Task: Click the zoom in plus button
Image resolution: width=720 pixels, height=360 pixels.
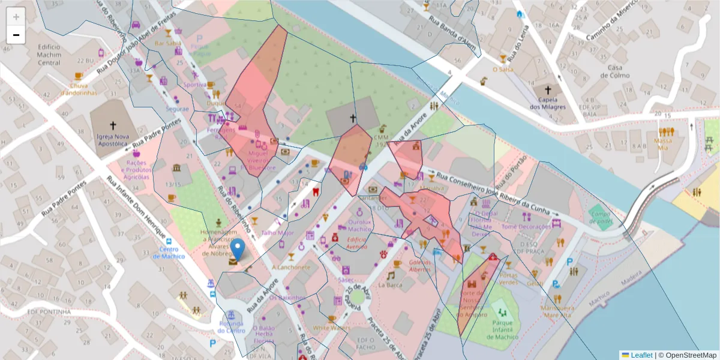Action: click(x=16, y=17)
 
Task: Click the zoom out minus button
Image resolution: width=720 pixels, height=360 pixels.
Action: click(x=16, y=35)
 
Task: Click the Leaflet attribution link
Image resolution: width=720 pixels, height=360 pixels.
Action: click(x=642, y=355)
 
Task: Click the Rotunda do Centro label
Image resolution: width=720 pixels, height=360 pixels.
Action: click(x=231, y=328)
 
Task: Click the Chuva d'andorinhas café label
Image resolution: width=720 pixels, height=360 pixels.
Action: click(x=77, y=89)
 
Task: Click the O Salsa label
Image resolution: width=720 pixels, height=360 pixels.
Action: click(x=503, y=70)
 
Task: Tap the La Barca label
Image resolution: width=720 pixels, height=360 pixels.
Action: click(x=390, y=285)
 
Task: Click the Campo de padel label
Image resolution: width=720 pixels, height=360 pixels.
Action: click(x=600, y=217)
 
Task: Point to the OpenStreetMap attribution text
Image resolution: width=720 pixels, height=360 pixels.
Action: click(x=691, y=355)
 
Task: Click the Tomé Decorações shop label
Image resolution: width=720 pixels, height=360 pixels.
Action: click(x=526, y=227)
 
